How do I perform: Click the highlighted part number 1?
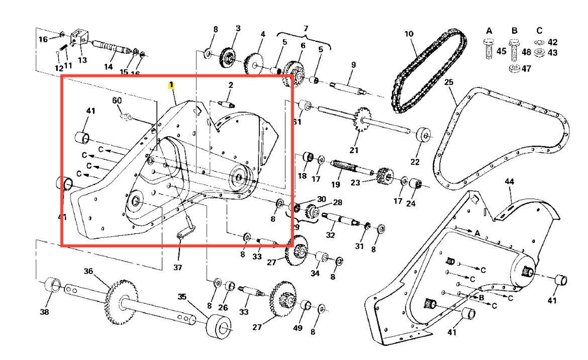[x=171, y=85]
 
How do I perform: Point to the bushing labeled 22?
[x=423, y=135]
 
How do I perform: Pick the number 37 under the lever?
[x=177, y=267]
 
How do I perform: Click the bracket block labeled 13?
[x=78, y=38]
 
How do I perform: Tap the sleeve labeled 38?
[x=52, y=286]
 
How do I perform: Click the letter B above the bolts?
[x=514, y=31]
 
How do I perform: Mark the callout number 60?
[x=117, y=101]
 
